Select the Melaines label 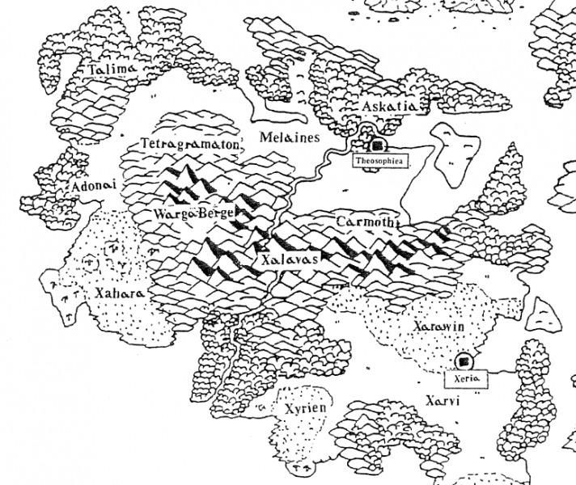[289, 138]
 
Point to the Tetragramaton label [190, 143]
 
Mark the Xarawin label [436, 325]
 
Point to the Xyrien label [306, 409]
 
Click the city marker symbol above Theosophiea [377, 146]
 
